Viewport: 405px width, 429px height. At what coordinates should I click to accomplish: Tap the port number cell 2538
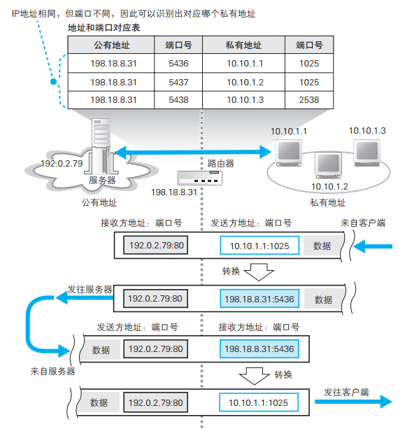(308, 100)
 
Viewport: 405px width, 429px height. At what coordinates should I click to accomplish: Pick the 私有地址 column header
(244, 45)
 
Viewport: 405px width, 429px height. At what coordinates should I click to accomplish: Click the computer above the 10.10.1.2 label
(327, 165)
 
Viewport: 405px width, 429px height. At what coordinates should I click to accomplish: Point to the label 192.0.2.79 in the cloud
(62, 164)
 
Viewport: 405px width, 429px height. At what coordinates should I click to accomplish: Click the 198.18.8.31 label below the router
(174, 191)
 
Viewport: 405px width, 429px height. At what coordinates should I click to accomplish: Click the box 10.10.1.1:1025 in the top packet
(260, 246)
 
